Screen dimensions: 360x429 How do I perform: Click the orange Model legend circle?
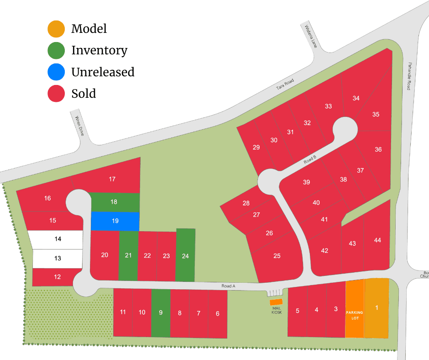[56, 29]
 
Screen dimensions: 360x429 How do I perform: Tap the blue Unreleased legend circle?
[56, 72]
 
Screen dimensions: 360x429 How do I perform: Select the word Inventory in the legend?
[99, 50]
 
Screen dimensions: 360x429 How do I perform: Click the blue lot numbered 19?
[115, 221]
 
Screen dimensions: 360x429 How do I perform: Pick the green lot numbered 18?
[115, 202]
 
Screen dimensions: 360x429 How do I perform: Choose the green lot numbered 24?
[185, 255]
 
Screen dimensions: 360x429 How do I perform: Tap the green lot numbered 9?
[161, 313]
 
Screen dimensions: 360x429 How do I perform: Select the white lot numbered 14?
[58, 238]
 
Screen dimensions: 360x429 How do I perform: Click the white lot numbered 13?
[58, 258]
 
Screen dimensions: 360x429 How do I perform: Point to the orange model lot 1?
[377, 308]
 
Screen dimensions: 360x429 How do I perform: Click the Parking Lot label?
[355, 315]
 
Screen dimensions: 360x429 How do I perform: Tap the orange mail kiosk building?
[276, 302]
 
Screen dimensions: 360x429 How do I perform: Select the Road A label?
[228, 286]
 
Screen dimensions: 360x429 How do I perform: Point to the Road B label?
[310, 160]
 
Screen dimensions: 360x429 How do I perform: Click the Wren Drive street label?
[80, 125]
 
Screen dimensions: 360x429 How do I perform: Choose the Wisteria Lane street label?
[311, 36]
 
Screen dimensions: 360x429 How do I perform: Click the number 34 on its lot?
[356, 98]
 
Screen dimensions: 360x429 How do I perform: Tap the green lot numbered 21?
[128, 255]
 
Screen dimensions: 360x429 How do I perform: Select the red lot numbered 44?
[377, 240]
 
